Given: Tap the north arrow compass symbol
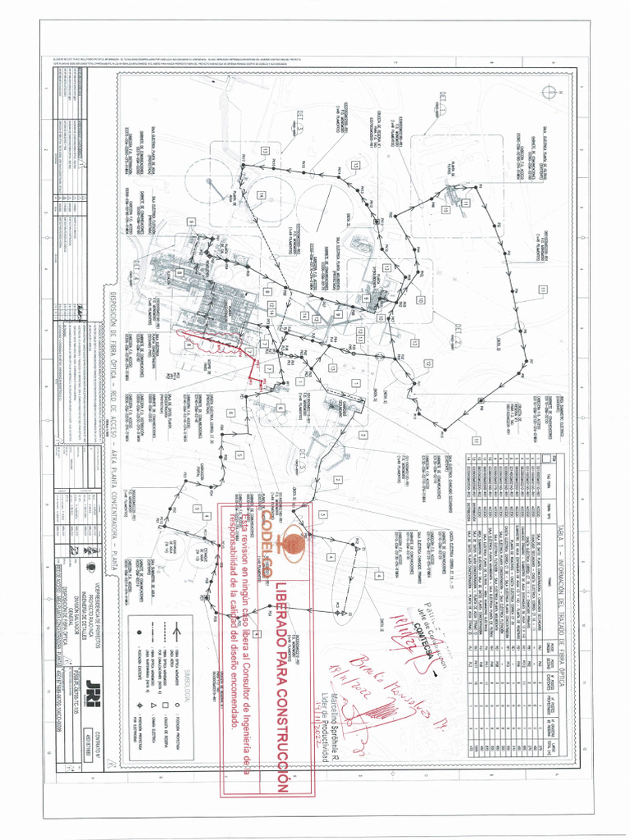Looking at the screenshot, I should pyautogui.click(x=549, y=92).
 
